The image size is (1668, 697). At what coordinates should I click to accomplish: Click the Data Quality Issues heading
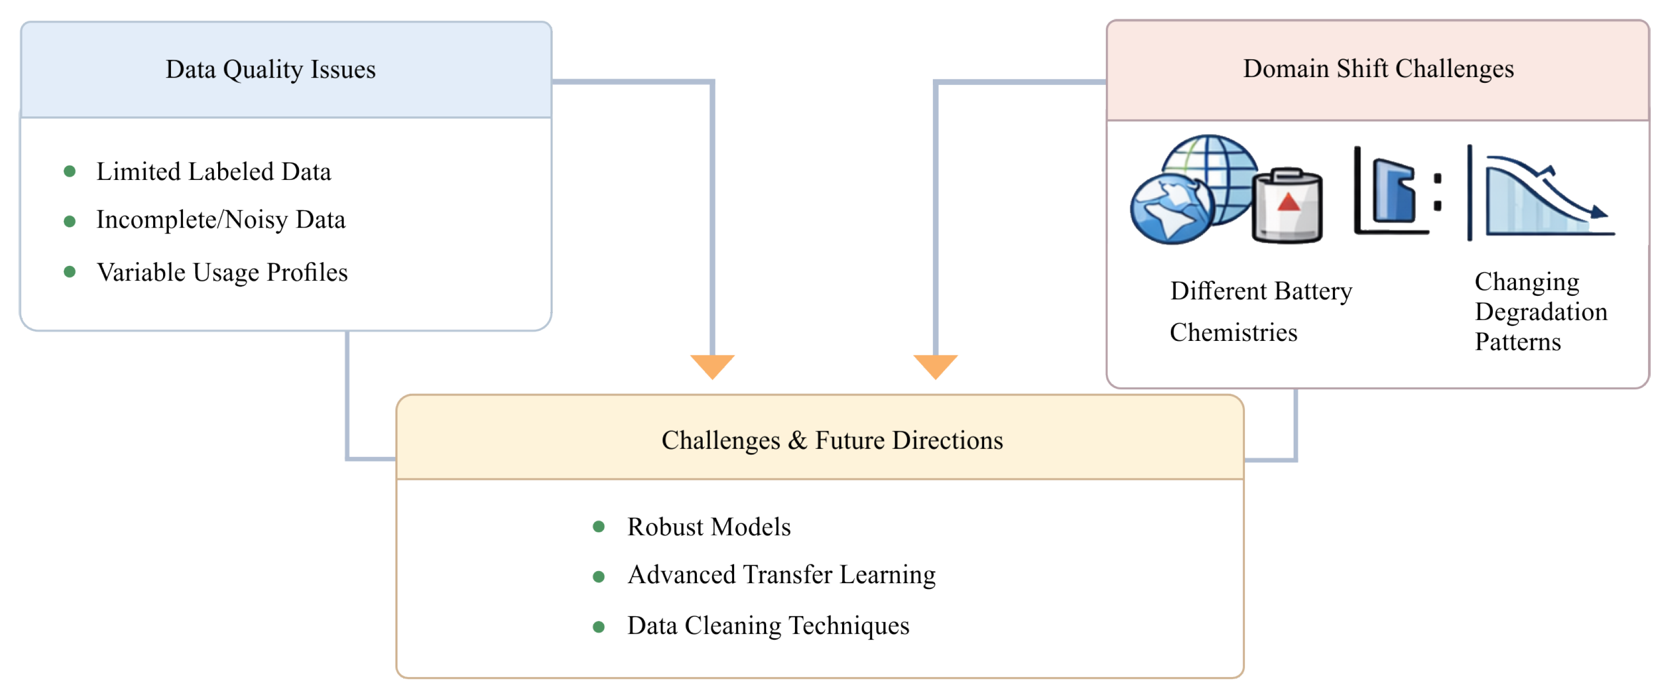pyautogui.click(x=271, y=70)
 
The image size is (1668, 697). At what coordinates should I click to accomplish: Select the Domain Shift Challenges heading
pyautogui.click(x=1379, y=69)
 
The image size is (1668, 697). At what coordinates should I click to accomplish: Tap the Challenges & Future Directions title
pyautogui.click(x=832, y=441)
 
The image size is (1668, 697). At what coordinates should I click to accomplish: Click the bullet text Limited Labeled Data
pyautogui.click(x=214, y=171)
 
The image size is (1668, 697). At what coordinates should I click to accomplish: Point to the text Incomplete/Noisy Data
pyautogui.click(x=221, y=220)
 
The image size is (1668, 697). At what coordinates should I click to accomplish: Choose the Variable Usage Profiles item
pyautogui.click(x=222, y=273)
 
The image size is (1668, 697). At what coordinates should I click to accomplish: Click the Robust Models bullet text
pyautogui.click(x=709, y=527)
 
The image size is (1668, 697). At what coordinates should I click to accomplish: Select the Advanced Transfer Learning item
pyautogui.click(x=781, y=575)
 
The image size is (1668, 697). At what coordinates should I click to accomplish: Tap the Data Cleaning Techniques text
pyautogui.click(x=769, y=626)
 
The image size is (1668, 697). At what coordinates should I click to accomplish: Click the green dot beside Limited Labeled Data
pyautogui.click(x=70, y=171)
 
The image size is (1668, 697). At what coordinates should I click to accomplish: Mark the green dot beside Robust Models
pyautogui.click(x=599, y=527)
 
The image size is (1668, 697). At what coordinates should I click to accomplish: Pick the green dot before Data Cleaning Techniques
pyautogui.click(x=599, y=627)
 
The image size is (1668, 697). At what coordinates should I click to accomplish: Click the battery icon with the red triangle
pyautogui.click(x=1287, y=206)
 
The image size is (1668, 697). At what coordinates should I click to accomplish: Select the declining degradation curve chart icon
pyautogui.click(x=1541, y=195)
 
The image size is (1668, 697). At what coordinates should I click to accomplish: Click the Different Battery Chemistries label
pyautogui.click(x=1261, y=312)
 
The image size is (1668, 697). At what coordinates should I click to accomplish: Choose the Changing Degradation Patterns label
pyautogui.click(x=1541, y=312)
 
